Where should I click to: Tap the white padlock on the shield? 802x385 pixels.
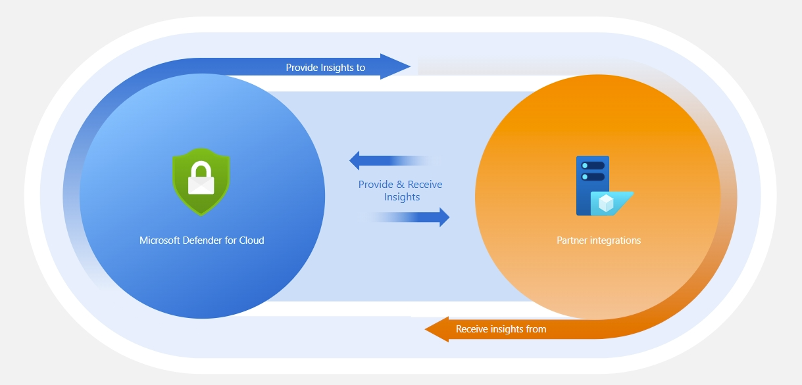point(201,179)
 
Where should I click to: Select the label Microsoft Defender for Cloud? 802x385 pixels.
point(201,240)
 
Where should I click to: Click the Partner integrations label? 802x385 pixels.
point(598,240)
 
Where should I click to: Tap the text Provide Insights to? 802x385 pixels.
point(325,68)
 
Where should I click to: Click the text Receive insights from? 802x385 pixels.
point(501,329)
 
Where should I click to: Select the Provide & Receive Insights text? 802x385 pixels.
point(400,191)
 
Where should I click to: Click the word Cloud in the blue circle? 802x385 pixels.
point(251,240)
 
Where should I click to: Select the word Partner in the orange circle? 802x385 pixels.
point(572,240)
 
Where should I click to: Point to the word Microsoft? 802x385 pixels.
point(161,240)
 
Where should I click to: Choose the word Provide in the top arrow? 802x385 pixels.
point(301,68)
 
